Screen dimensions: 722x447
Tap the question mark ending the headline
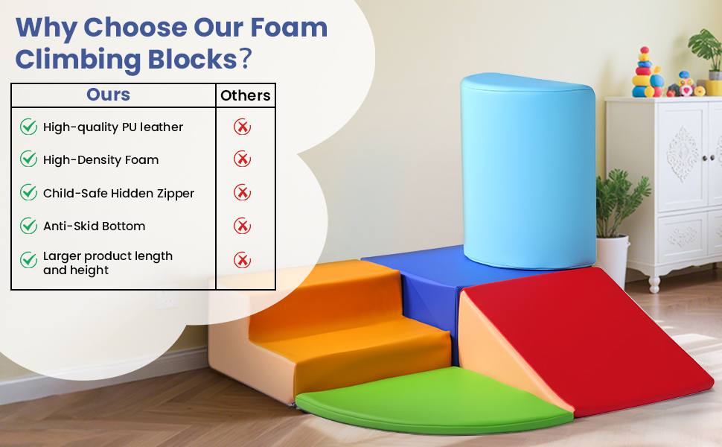click(x=246, y=59)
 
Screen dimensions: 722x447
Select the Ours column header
click(x=108, y=95)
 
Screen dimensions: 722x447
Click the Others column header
click(x=246, y=95)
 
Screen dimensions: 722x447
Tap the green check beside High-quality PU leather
click(x=28, y=126)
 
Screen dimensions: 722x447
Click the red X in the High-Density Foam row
click(x=242, y=159)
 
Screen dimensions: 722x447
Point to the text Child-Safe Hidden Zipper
click(x=119, y=193)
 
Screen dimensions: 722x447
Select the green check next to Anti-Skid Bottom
click(x=28, y=225)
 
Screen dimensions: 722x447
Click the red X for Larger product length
click(x=242, y=260)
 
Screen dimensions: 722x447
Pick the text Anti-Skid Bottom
click(x=95, y=226)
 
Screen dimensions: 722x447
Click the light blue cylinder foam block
click(x=528, y=171)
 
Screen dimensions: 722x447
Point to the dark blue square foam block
click(x=428, y=286)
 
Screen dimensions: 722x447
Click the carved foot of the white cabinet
click(x=654, y=283)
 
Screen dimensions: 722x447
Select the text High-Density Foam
click(x=100, y=160)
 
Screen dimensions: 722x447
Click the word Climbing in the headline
click(x=77, y=60)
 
